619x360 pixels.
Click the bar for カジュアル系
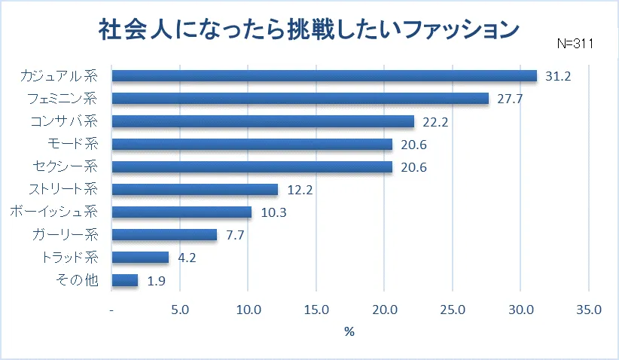pos(324,75)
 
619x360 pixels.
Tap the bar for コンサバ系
pos(263,121)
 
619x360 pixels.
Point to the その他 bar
pos(124,280)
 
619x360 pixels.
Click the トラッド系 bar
pos(140,258)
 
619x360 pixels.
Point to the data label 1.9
pos(157,281)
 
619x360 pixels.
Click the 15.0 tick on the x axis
pos(316,310)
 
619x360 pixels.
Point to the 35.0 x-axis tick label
pos(588,310)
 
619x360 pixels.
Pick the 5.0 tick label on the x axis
pos(180,310)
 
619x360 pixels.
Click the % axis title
pos(349,331)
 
